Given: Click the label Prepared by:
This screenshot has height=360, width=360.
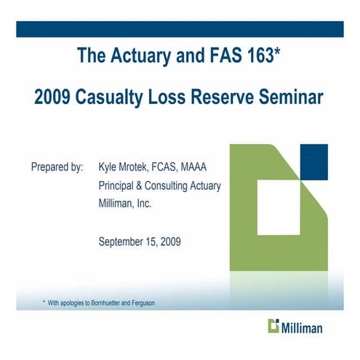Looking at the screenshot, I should click(x=57, y=167).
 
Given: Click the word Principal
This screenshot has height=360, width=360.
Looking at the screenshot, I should click(x=119, y=185).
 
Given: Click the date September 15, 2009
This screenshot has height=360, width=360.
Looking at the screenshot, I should click(x=140, y=241).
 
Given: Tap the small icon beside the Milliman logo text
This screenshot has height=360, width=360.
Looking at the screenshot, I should click(x=274, y=325).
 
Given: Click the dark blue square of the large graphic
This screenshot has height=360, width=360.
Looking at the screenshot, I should click(x=313, y=160).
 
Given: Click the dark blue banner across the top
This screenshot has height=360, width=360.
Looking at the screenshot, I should click(x=180, y=28).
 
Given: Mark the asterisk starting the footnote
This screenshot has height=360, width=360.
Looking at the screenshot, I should click(x=44, y=300).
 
